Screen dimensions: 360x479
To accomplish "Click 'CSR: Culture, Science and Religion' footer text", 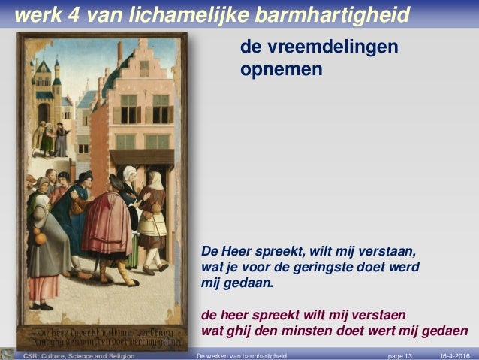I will pos(79,355).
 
